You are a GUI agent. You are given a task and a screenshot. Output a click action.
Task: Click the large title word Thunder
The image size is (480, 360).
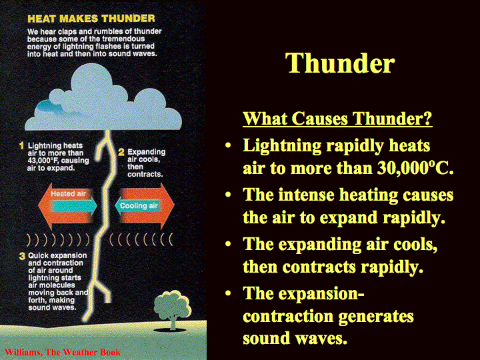[340, 63]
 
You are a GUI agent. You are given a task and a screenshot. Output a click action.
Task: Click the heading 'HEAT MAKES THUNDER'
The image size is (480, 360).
[91, 19]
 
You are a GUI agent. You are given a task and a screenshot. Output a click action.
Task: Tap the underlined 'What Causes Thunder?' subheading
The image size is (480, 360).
[337, 119]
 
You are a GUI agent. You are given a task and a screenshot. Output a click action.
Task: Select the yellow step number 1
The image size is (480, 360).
[21, 145]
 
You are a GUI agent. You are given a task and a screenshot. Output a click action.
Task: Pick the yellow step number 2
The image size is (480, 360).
[121, 152]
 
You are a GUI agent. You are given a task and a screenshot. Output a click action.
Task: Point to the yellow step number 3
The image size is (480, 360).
[22, 256]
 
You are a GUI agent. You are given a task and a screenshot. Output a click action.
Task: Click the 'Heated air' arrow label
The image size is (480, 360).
[68, 193]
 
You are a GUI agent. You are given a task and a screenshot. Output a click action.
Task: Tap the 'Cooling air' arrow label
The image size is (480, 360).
[139, 205]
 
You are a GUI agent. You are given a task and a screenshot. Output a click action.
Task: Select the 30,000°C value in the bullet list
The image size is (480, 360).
[415, 168]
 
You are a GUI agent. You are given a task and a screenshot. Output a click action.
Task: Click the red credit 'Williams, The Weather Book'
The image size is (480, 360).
[63, 353]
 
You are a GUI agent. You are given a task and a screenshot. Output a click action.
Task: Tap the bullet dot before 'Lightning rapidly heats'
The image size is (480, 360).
[228, 145]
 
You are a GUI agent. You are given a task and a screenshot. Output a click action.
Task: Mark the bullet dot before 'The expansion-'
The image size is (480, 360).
[228, 293]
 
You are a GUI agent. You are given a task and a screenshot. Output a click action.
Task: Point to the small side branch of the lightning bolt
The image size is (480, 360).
[103, 293]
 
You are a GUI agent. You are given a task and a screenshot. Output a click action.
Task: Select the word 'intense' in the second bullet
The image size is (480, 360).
[307, 195]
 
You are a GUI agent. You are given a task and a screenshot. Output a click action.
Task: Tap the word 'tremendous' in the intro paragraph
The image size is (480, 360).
[123, 39]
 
